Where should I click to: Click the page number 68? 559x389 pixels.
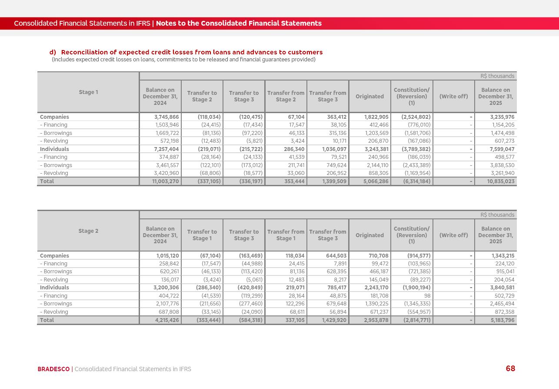point(510,369)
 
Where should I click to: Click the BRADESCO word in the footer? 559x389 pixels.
point(53,369)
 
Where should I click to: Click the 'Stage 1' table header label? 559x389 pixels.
point(88,92)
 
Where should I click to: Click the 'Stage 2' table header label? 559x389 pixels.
point(88,231)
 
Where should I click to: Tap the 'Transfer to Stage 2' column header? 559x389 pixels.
point(202,96)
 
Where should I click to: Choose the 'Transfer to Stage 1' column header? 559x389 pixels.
point(202,235)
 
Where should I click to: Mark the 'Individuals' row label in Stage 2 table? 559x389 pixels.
point(54,288)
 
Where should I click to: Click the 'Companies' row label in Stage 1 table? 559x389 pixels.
point(54,117)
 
